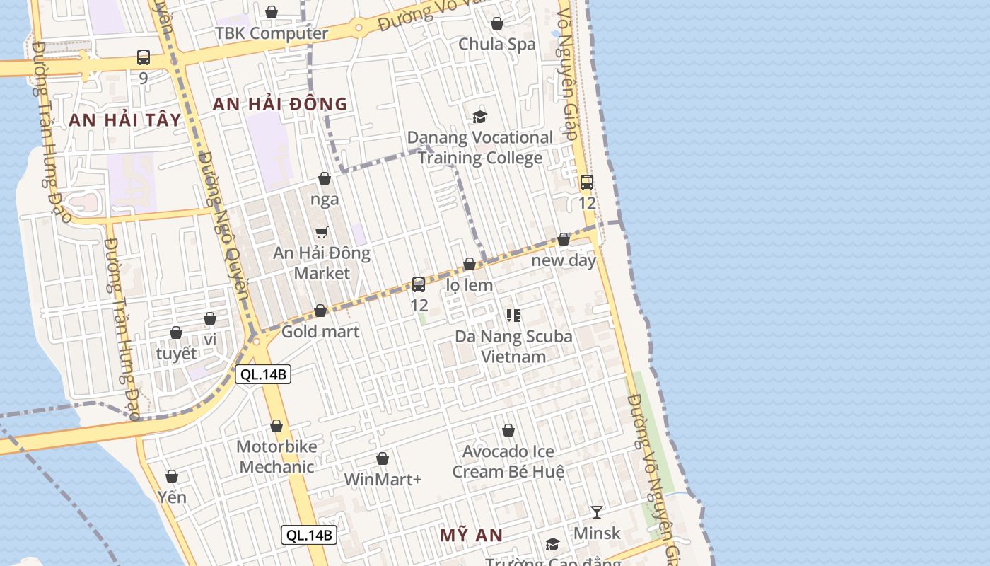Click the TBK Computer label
tap(272, 33)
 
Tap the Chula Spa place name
tap(497, 44)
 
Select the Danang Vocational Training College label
tap(480, 147)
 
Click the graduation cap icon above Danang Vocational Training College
tap(480, 117)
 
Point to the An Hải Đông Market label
tap(322, 262)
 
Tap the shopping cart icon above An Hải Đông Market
tap(322, 232)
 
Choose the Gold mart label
tap(320, 331)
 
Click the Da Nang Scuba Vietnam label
tap(513, 346)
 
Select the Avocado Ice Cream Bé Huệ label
tap(508, 461)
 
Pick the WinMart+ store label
tap(383, 479)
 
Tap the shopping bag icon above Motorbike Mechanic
tap(276, 426)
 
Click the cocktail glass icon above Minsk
tap(597, 512)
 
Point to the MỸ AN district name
tap(471, 536)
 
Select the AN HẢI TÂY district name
tap(125, 120)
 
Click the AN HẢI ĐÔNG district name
tap(280, 105)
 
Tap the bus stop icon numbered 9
tap(144, 57)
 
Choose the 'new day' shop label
tap(564, 260)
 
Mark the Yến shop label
tap(172, 497)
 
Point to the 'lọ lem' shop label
tap(470, 285)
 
